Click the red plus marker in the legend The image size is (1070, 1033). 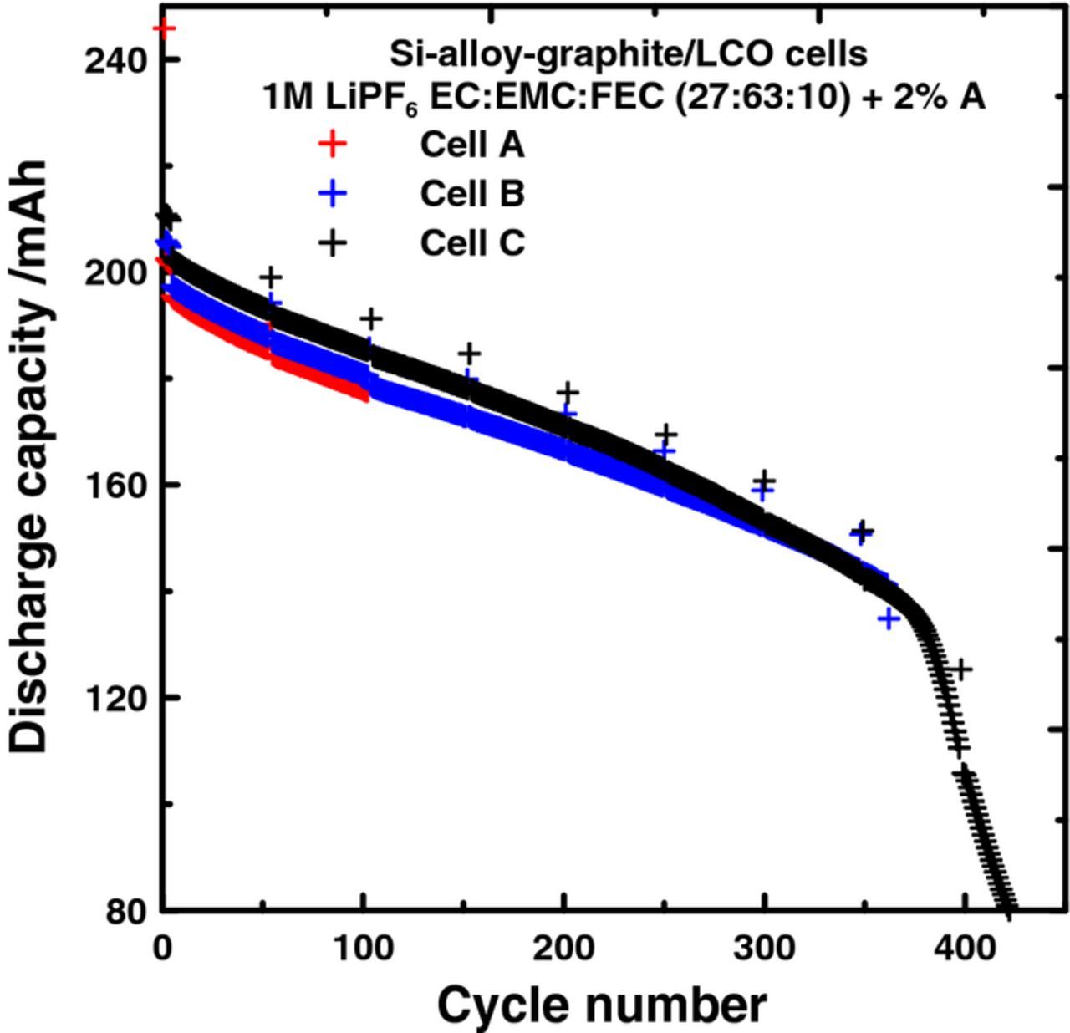333,145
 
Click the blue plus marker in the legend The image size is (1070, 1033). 333,194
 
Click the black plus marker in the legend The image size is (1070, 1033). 333,243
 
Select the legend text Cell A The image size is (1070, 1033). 471,145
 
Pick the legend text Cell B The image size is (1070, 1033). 471,194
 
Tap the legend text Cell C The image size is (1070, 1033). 471,243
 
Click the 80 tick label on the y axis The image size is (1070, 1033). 127,911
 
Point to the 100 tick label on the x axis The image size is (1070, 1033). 364,948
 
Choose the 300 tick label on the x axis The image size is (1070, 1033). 765,948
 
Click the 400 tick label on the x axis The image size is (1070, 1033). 966,948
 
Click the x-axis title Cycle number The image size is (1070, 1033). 601,1005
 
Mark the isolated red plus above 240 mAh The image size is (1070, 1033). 166,29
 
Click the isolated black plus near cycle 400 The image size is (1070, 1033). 961,669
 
